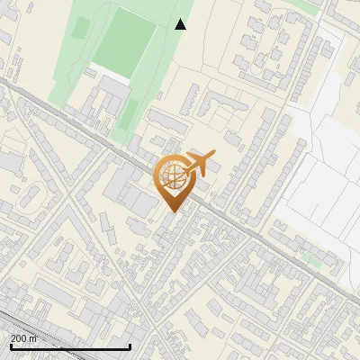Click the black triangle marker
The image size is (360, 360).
click(x=180, y=24)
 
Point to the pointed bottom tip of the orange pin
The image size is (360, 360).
click(x=173, y=211)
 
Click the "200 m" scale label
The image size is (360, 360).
click(x=24, y=338)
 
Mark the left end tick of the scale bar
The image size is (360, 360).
click(x=10, y=345)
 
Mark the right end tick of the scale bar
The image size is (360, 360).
click(x=130, y=345)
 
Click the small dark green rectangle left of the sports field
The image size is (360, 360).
click(x=80, y=28)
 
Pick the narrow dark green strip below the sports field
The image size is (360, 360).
click(x=131, y=112)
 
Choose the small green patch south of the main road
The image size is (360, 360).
click(x=310, y=259)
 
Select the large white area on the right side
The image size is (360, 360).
click(x=319, y=180)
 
